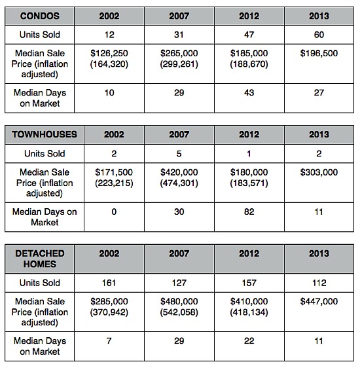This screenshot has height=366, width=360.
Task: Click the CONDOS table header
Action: pyautogui.click(x=40, y=16)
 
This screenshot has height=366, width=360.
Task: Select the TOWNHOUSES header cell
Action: pyautogui.click(x=45, y=134)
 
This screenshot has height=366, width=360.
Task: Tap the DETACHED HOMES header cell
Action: pyautogui.click(x=40, y=259)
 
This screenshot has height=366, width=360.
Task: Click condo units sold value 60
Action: pyautogui.click(x=319, y=35)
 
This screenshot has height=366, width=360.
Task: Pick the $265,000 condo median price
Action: pyautogui.click(x=179, y=53)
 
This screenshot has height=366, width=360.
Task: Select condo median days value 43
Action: pyautogui.click(x=249, y=93)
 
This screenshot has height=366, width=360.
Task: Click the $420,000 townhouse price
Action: pyautogui.click(x=179, y=172)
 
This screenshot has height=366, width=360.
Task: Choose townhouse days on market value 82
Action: pyautogui.click(x=249, y=211)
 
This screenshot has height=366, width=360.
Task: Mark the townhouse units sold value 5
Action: pyautogui.click(x=179, y=154)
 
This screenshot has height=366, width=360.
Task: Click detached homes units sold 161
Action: pyautogui.click(x=109, y=283)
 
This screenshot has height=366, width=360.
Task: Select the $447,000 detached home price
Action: pyautogui.click(x=319, y=301)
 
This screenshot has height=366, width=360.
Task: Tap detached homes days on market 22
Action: pyautogui.click(x=249, y=340)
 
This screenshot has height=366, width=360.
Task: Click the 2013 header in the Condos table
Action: pyautogui.click(x=319, y=16)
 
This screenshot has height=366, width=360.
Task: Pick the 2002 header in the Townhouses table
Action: pyautogui.click(x=114, y=134)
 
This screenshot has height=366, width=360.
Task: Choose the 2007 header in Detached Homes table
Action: pyautogui.click(x=179, y=253)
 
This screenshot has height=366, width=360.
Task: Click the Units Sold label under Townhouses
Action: pyautogui.click(x=45, y=154)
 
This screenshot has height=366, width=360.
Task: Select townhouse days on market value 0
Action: pyautogui.click(x=114, y=211)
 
